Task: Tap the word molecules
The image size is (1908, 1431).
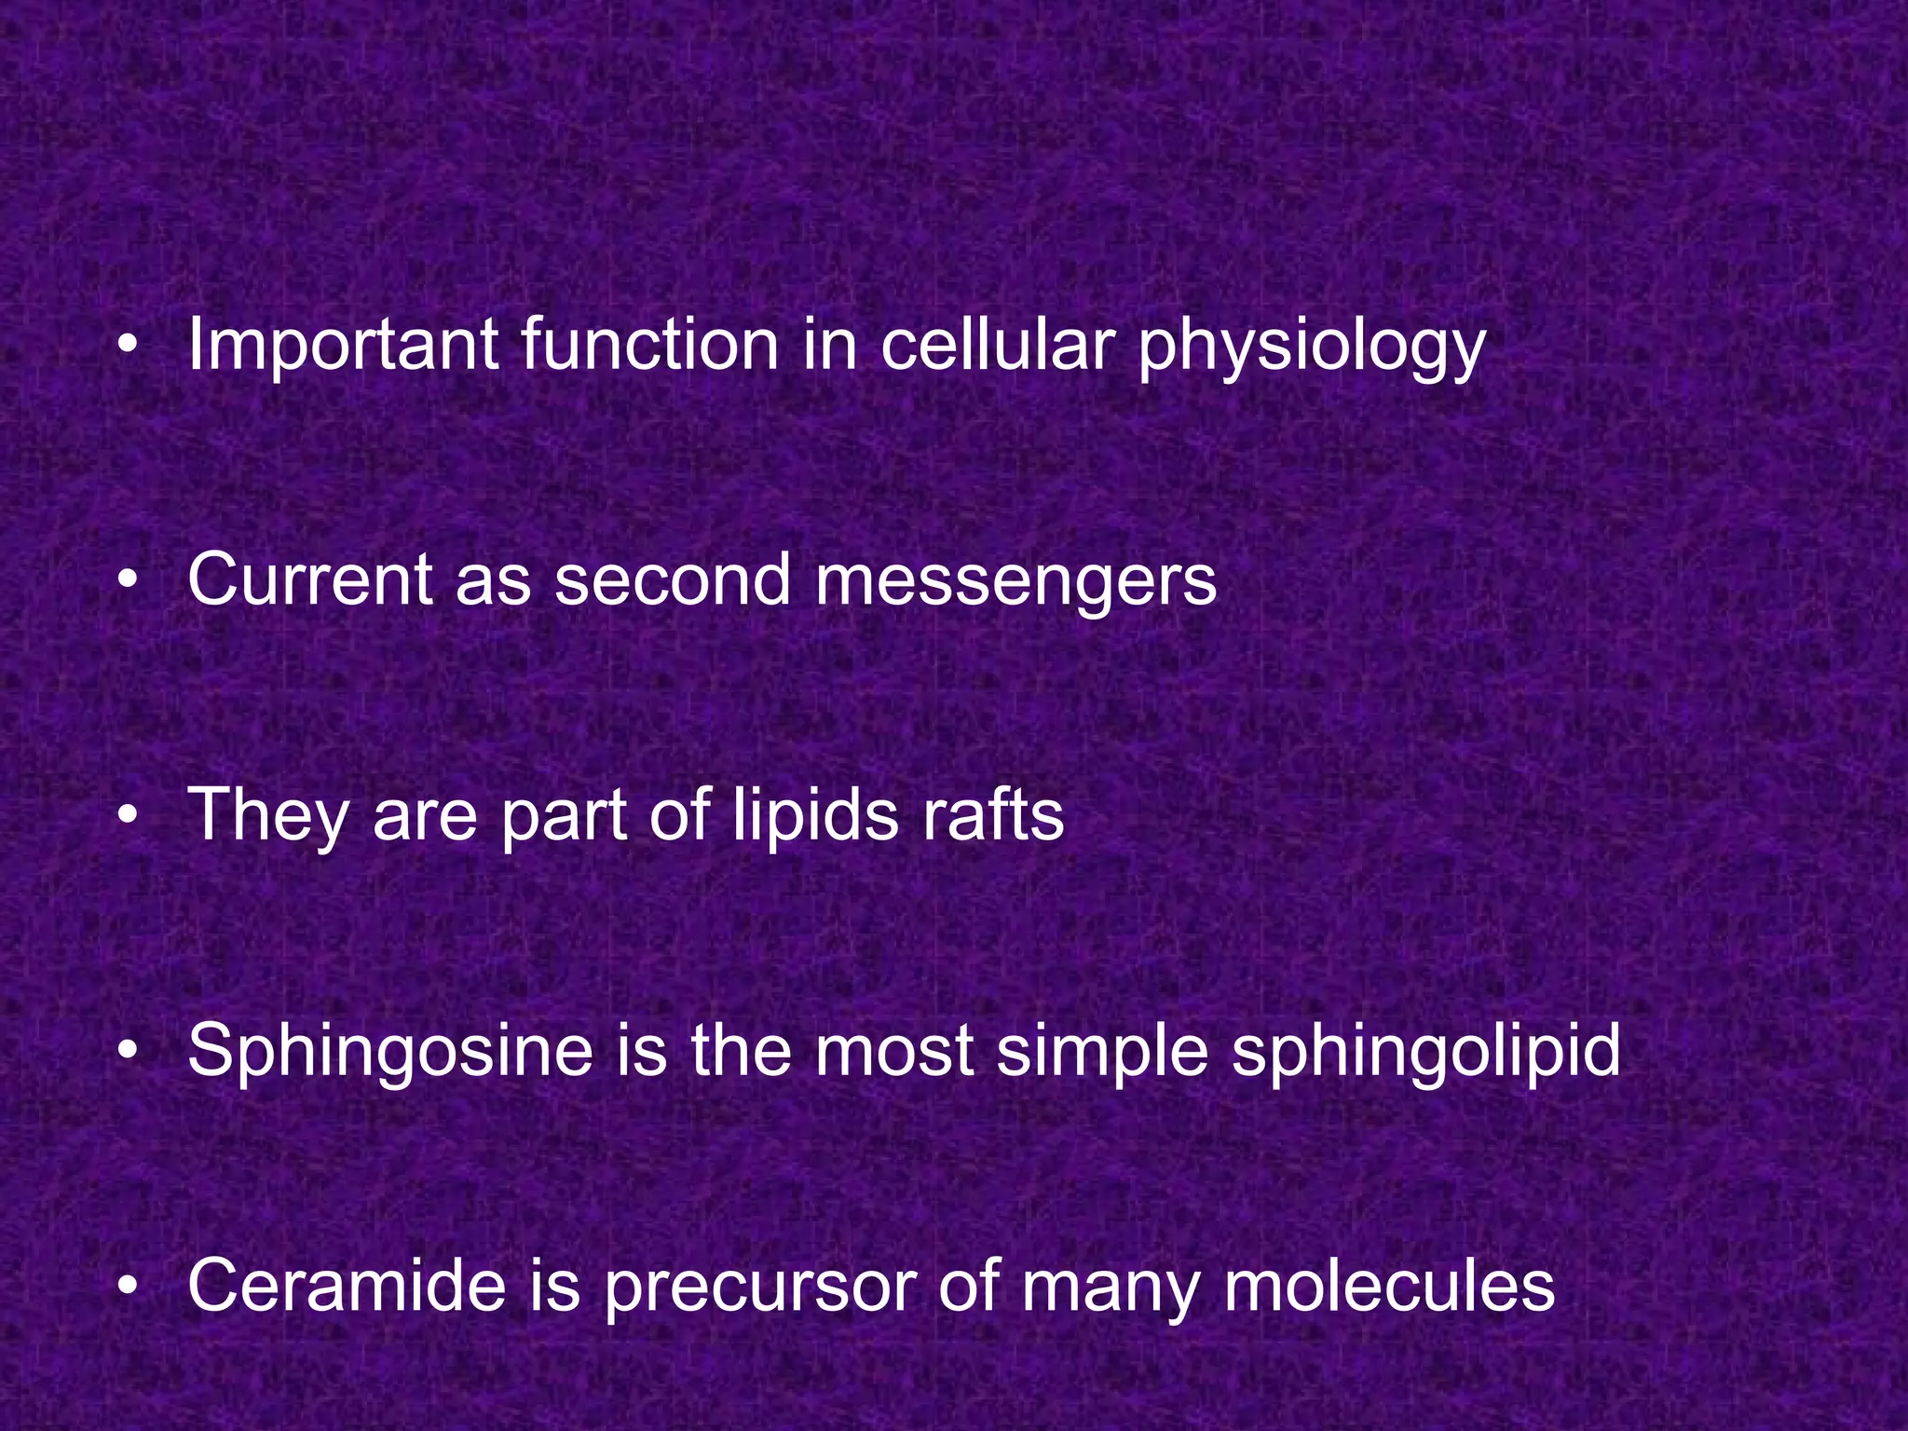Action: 1389,1286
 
